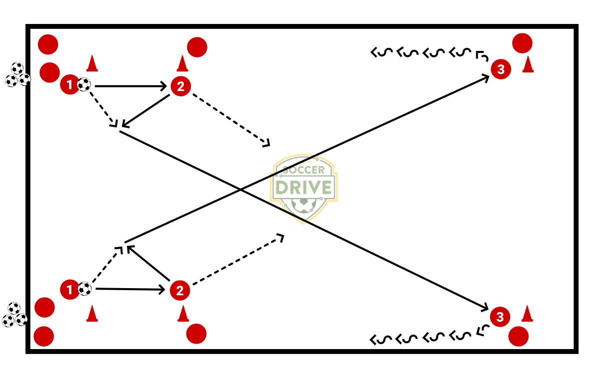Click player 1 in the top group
tap(69, 85)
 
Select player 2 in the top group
tap(180, 86)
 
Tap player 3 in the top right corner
tap(501, 69)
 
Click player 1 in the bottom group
tap(69, 289)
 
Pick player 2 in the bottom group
tap(180, 290)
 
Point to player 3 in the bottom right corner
tap(500, 317)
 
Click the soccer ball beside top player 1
tap(84, 85)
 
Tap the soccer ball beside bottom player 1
tap(85, 289)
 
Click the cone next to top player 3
tap(528, 64)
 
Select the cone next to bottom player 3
tap(527, 314)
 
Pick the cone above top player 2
tap(182, 63)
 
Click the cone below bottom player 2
tap(183, 313)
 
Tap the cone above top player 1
tap(91, 63)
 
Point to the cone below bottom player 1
tap(91, 314)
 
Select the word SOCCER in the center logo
tap(304, 170)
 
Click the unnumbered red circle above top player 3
tap(522, 43)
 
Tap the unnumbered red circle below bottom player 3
tap(519, 337)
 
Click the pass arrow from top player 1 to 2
tap(130, 86)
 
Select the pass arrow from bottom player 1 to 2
tap(130, 289)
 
